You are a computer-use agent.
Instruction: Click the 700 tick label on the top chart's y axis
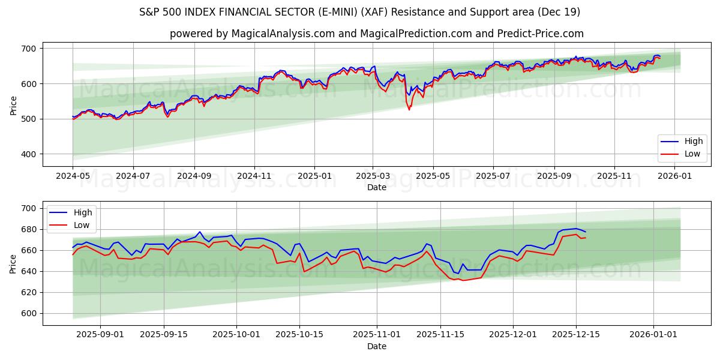(28, 48)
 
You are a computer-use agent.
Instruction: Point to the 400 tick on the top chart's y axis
(28, 154)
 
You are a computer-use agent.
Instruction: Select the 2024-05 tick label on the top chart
(73, 176)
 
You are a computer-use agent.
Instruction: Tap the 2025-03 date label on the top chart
(373, 176)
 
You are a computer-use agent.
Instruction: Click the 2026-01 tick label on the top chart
(675, 176)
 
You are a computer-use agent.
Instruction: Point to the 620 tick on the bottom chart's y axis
(28, 292)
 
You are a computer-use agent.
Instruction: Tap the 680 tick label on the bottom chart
(28, 229)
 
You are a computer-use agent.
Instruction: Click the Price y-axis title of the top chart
(13, 105)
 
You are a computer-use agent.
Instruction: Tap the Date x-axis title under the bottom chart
(376, 346)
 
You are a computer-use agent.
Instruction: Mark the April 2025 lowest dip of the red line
(409, 109)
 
